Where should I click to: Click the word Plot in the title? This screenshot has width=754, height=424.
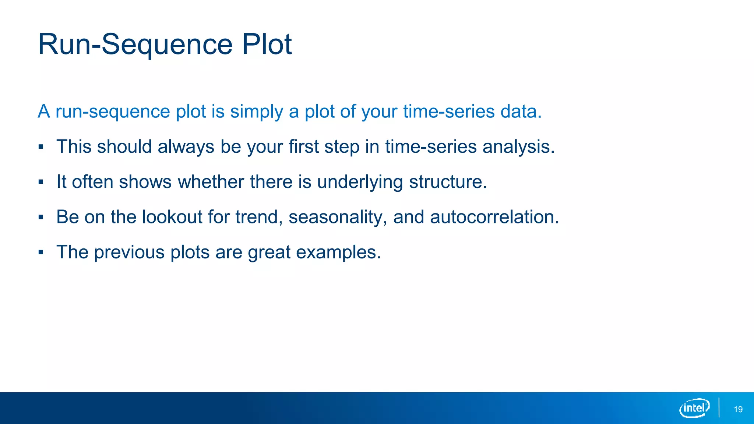(x=267, y=45)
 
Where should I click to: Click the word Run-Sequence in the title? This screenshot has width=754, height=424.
(x=135, y=45)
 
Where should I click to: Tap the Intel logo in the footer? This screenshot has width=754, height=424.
(x=694, y=408)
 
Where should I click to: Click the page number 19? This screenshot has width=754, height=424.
(x=738, y=409)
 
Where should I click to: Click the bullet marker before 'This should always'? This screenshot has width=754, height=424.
(x=41, y=147)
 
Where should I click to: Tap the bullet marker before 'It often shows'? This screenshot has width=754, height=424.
(x=41, y=182)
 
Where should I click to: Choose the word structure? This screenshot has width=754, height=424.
(x=448, y=181)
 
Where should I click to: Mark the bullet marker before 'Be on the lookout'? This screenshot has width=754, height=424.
(x=41, y=217)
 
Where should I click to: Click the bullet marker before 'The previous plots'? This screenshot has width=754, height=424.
(x=41, y=252)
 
